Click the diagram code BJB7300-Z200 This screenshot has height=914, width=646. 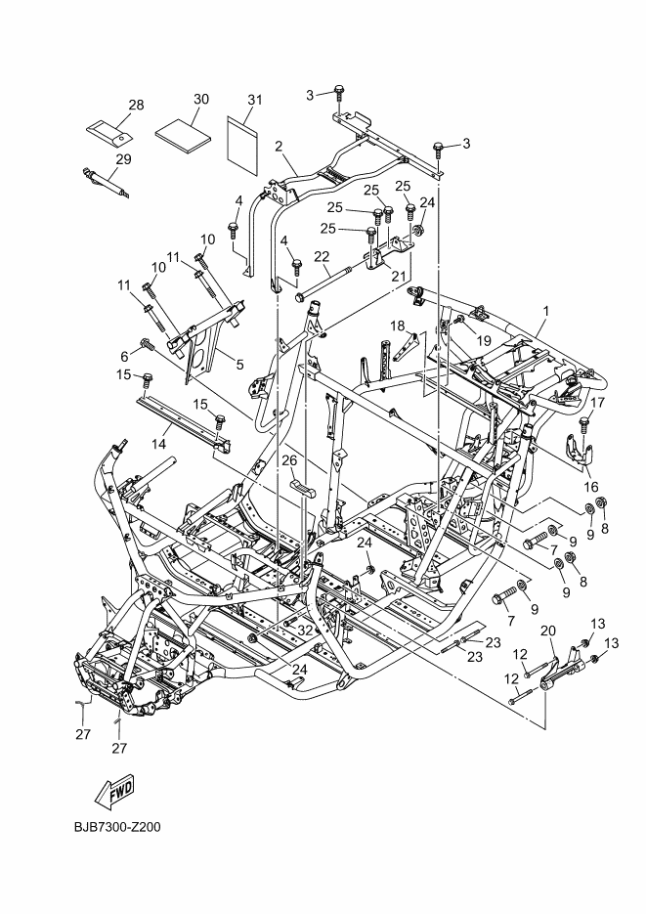click(x=116, y=827)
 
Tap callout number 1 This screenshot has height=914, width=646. click(x=545, y=311)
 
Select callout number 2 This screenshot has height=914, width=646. click(x=279, y=147)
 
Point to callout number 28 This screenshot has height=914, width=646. click(x=136, y=104)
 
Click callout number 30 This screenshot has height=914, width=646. click(x=201, y=100)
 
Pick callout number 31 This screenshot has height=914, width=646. click(x=255, y=100)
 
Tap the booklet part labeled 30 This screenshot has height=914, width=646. click(x=187, y=132)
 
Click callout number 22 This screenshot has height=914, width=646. click(x=320, y=256)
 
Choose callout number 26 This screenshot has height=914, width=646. click(x=288, y=458)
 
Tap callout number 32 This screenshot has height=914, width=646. click(x=305, y=631)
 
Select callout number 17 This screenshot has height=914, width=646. click(x=599, y=402)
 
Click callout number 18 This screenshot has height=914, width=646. click(x=398, y=325)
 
